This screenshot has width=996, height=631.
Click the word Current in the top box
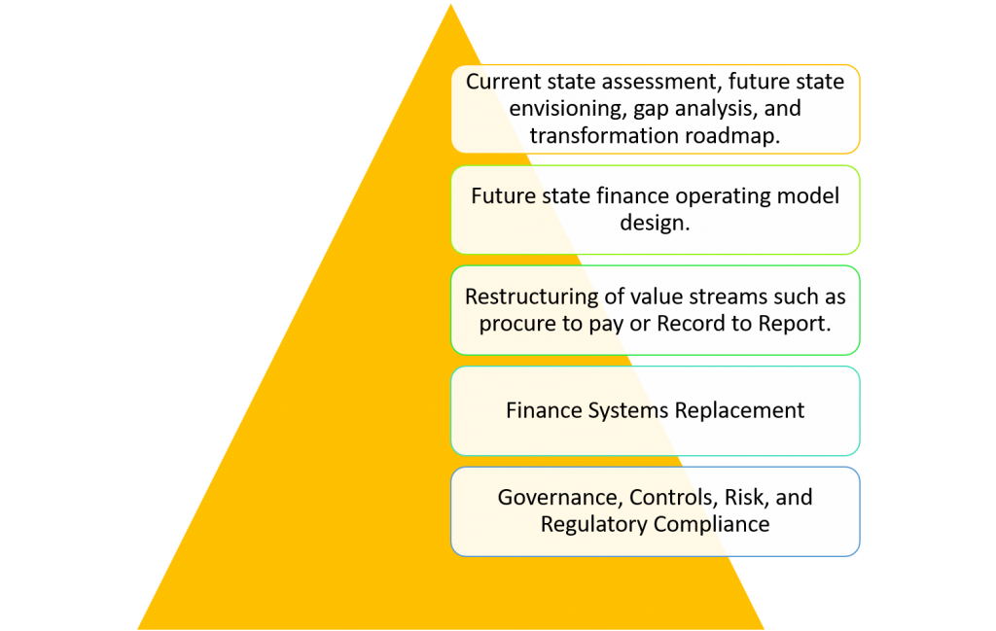(x=505, y=82)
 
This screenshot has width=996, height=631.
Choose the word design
(x=655, y=223)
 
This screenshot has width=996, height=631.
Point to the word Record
(x=692, y=324)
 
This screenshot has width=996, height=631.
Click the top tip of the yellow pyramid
(x=451, y=5)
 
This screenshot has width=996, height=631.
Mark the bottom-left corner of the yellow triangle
(x=138, y=629)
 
